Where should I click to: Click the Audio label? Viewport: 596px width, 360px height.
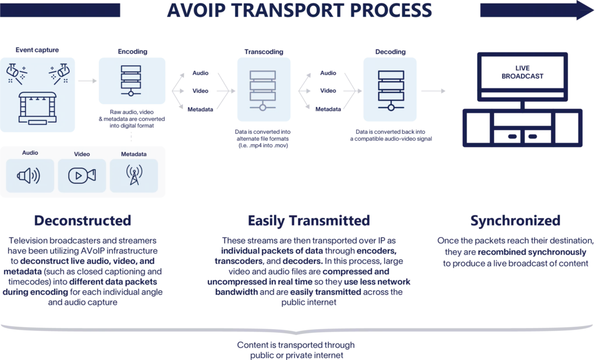pos(30,153)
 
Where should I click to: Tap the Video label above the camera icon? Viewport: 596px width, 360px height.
pos(82,154)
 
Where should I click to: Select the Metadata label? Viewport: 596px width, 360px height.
pos(134,154)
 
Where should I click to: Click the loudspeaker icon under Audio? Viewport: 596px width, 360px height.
pos(30,175)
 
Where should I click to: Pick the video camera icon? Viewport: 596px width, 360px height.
pos(82,175)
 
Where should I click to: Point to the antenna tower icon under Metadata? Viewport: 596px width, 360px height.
pos(134,175)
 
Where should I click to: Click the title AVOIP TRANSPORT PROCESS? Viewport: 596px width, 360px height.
pos(298,10)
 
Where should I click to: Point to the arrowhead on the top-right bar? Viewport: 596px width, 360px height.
pos(579,10)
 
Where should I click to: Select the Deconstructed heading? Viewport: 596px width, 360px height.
pos(83,221)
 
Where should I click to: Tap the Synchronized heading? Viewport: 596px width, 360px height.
pos(516,221)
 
